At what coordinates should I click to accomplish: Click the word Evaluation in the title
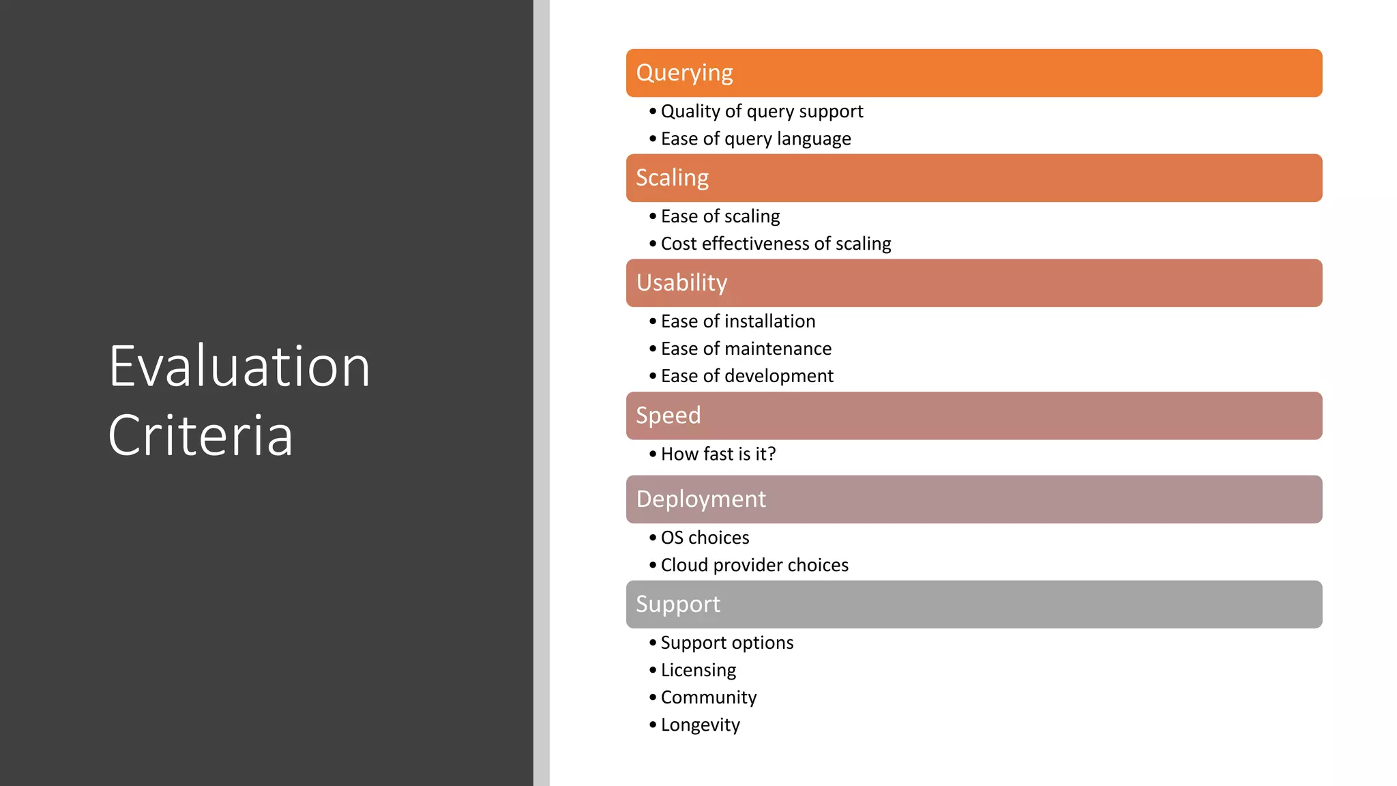[x=239, y=367]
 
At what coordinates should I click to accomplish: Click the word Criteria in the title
[x=201, y=435]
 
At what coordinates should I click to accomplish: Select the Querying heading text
[x=684, y=73]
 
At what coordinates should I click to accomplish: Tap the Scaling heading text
[x=672, y=178]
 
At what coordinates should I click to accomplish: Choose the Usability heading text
[x=681, y=283]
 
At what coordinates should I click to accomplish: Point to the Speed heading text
[x=668, y=416]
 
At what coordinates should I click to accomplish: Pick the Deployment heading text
[x=701, y=499]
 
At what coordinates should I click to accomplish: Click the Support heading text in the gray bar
[x=677, y=605]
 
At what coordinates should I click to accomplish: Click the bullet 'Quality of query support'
[x=761, y=111]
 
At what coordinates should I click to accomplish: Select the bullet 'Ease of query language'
[x=755, y=139]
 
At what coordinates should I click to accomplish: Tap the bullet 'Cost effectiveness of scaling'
[x=776, y=244]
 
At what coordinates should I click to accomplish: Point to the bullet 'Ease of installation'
[x=737, y=321]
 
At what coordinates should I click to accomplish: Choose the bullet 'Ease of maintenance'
[x=746, y=349]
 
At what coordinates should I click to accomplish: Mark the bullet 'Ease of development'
[x=747, y=376]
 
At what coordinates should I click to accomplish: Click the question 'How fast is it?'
[x=718, y=454]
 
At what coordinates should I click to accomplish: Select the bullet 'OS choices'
[x=705, y=538]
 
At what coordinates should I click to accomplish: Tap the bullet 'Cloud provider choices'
[x=754, y=565]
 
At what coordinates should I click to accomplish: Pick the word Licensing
[x=698, y=670]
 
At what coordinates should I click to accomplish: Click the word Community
[x=708, y=697]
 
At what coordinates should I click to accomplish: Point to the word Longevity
[x=700, y=725]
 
